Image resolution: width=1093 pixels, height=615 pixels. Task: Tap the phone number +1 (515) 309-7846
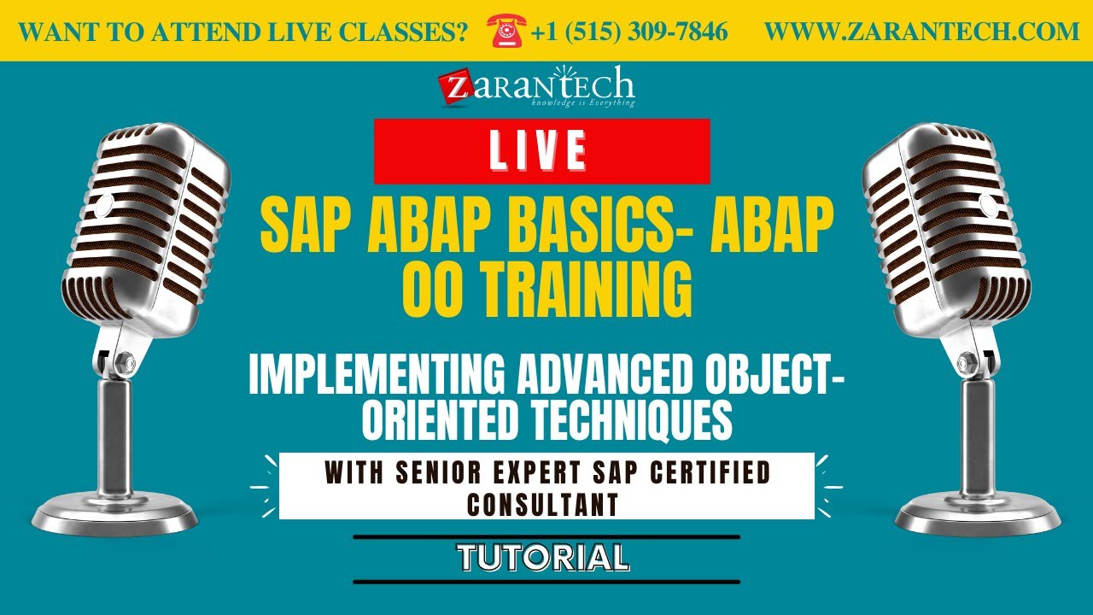(628, 32)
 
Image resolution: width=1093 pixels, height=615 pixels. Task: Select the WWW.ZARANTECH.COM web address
(921, 32)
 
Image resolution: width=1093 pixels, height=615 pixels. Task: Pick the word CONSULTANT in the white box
(543, 504)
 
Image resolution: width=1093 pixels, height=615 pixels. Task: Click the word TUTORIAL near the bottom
(544, 558)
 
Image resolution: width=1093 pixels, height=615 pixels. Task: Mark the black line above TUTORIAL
(546, 537)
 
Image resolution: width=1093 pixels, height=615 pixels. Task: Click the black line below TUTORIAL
(546, 582)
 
